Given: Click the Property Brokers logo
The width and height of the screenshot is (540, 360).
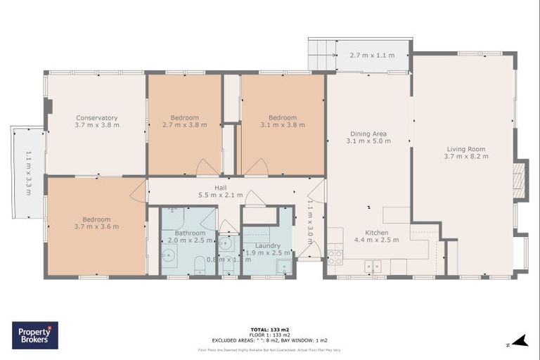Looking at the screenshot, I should pyautogui.click(x=35, y=335).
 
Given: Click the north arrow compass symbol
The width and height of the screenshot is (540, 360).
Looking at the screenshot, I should pyautogui.click(x=520, y=342).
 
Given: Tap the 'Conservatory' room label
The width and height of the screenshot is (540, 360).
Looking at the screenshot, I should pyautogui.click(x=97, y=117).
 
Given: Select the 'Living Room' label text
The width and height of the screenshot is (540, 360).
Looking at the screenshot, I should pyautogui.click(x=467, y=148).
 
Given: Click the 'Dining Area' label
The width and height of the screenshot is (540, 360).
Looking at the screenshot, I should pyautogui.click(x=368, y=134).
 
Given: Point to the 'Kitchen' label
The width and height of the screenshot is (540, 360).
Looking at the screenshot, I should pyautogui.click(x=376, y=232).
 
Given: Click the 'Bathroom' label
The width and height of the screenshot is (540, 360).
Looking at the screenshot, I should pyautogui.click(x=190, y=233).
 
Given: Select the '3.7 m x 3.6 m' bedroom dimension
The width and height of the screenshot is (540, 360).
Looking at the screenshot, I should pyautogui.click(x=96, y=226).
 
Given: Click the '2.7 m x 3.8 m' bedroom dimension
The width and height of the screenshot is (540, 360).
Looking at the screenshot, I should pyautogui.click(x=184, y=125).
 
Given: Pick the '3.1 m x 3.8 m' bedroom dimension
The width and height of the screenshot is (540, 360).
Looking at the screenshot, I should pyautogui.click(x=282, y=125).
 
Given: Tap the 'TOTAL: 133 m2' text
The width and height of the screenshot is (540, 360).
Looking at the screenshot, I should pyautogui.click(x=269, y=328).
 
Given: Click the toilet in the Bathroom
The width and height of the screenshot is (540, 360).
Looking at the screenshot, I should pyautogui.click(x=200, y=265).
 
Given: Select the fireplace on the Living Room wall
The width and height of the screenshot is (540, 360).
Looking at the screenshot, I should pyautogui.click(x=520, y=181).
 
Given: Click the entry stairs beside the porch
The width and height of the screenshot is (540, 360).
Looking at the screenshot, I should pyautogui.click(x=321, y=54).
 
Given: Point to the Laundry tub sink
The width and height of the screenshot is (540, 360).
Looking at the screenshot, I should pyautogui.click(x=283, y=266).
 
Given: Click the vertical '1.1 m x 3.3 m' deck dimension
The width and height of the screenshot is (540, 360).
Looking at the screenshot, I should pyautogui.click(x=29, y=172).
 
